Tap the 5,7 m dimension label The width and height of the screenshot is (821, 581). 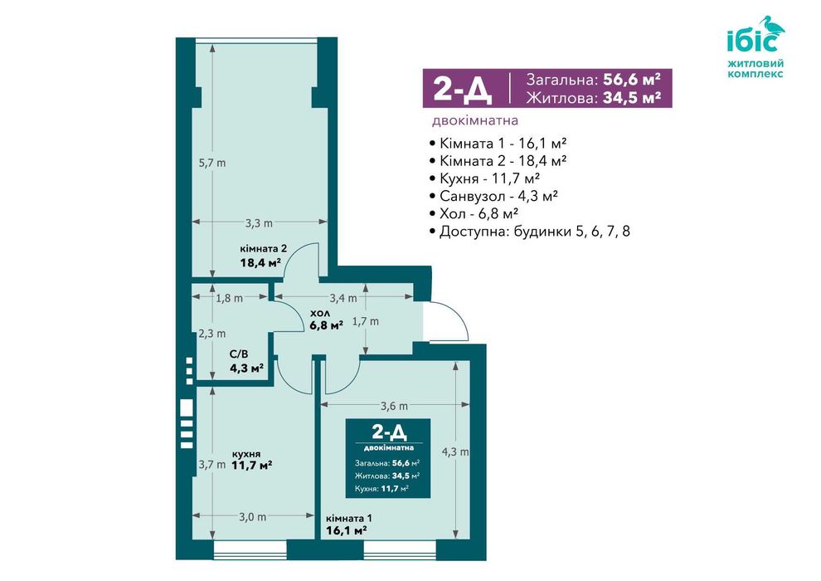tap(212, 163)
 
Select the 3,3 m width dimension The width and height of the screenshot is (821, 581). tap(260, 223)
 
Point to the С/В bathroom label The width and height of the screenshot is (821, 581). tap(239, 354)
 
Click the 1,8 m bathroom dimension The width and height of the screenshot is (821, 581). tap(230, 298)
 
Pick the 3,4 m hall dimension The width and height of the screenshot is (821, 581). tap(343, 298)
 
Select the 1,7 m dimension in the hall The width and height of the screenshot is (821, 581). tap(365, 321)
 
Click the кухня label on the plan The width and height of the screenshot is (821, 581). tap(246, 454)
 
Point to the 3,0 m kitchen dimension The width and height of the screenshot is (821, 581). tap(252, 517)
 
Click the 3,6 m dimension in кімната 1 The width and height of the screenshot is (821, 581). tap(394, 406)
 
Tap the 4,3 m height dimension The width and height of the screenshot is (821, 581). tap(455, 452)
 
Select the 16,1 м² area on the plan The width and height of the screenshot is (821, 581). tap(346, 530)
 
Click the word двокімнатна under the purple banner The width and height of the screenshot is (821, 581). tap(475, 120)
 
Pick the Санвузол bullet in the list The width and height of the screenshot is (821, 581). tap(493, 196)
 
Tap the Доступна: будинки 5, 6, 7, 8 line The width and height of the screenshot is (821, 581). tap(529, 231)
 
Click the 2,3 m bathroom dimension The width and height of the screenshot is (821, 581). tap(212, 334)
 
